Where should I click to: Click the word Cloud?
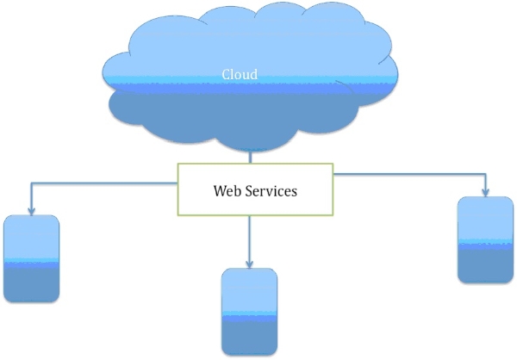[240, 74]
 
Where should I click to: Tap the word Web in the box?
[226, 190]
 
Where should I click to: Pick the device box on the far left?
[32, 258]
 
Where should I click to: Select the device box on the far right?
[485, 239]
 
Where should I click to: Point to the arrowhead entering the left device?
[32, 210]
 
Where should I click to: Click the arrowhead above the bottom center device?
[250, 264]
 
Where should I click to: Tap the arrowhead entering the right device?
[485, 192]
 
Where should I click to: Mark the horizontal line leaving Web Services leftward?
[103, 183]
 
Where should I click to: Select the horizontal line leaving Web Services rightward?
[405, 175]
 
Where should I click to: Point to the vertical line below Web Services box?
[250, 237]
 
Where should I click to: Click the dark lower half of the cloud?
[250, 116]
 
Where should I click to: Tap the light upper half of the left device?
[32, 237]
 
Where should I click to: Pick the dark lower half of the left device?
[32, 282]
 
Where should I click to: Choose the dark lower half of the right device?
[485, 263]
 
